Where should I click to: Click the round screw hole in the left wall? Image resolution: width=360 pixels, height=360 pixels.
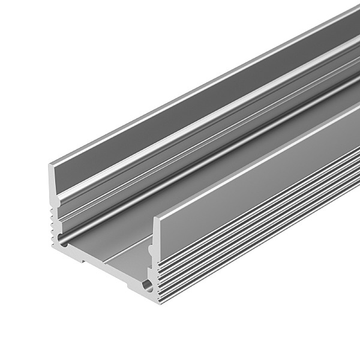(63, 244)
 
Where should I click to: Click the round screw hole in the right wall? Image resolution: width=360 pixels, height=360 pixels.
(147, 283)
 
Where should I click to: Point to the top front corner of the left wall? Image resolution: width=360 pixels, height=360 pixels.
(49, 163)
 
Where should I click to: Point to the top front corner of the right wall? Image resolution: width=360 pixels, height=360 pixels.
(154, 218)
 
